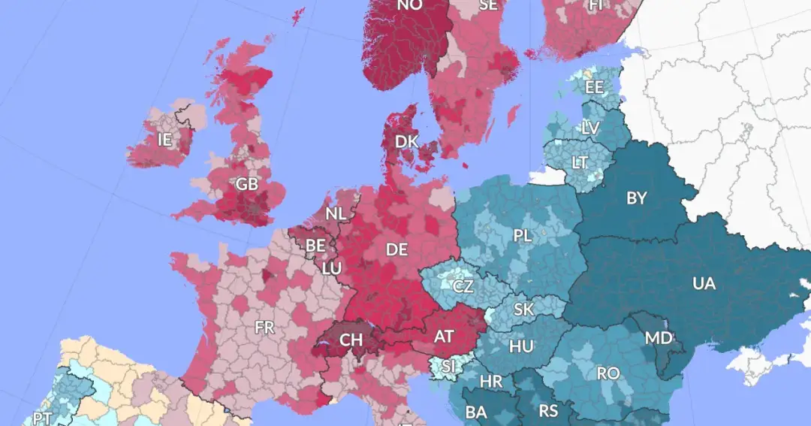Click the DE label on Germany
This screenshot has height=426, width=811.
click(x=396, y=249)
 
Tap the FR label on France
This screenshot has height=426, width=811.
click(x=264, y=328)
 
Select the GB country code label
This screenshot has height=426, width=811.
click(x=246, y=184)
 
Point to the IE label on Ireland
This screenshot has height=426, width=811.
click(x=164, y=139)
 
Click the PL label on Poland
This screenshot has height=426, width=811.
click(x=523, y=236)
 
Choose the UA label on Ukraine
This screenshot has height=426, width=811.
click(x=704, y=284)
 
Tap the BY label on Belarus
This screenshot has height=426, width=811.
click(x=637, y=199)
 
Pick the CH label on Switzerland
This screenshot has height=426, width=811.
click(x=351, y=340)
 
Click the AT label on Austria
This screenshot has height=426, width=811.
click(x=444, y=337)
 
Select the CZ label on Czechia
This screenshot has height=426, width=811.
click(x=463, y=286)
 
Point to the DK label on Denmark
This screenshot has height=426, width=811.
click(x=406, y=141)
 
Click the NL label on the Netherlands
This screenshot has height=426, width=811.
click(x=336, y=213)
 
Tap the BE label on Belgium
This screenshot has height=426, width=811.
click(x=315, y=245)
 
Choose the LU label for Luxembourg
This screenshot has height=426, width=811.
click(x=332, y=267)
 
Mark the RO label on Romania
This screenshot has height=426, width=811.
click(x=607, y=373)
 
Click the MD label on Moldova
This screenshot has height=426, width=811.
click(x=659, y=338)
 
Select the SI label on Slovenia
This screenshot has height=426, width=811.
click(x=448, y=367)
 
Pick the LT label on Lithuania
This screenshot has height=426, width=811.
click(x=580, y=162)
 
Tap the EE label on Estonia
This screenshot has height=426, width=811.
click(x=595, y=87)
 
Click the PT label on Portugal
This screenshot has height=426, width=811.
click(x=43, y=418)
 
